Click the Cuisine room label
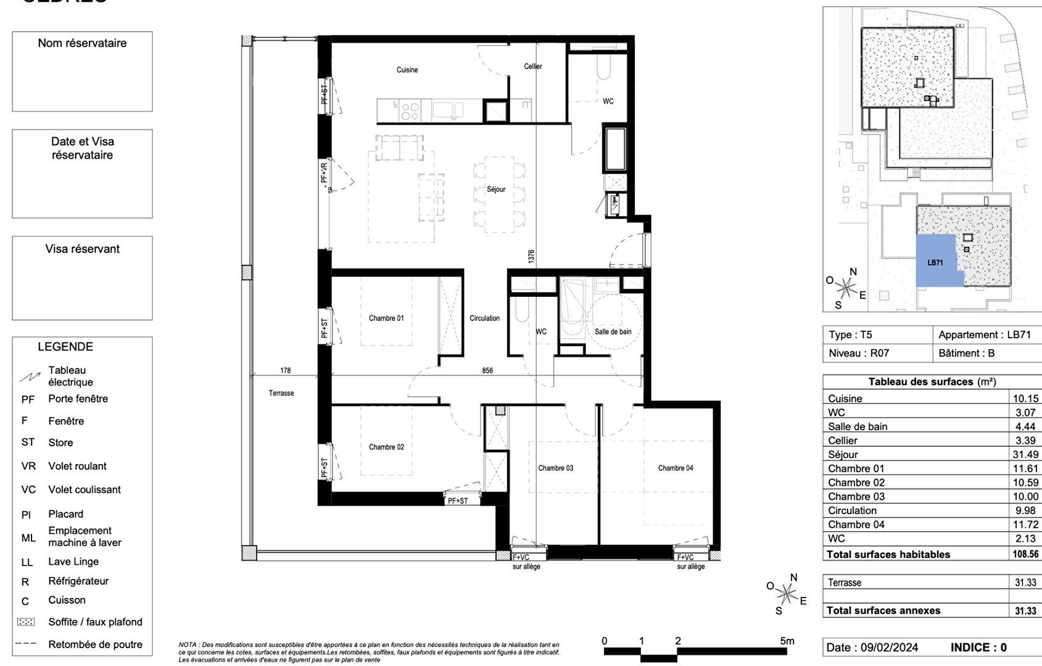[x=407, y=70]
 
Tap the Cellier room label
[x=532, y=67]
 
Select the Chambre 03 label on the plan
[x=555, y=468]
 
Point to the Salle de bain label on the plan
[x=613, y=331]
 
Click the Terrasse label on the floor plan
[x=281, y=393]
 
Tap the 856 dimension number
[x=487, y=370]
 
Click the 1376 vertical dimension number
[x=531, y=256]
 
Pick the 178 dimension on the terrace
[x=285, y=370]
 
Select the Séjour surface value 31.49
[x=1025, y=454]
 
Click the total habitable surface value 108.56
[x=1025, y=554]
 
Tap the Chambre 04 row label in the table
[x=856, y=525]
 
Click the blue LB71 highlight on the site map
[x=935, y=262]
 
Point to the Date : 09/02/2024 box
[x=872, y=647]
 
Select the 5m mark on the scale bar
[x=787, y=641]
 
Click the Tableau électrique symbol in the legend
[x=29, y=376]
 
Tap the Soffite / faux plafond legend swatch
[x=26, y=622]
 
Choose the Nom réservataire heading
[x=82, y=43]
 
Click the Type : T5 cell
[x=850, y=335]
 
